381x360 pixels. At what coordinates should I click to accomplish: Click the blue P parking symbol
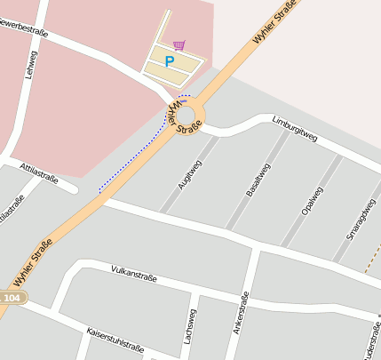(170, 62)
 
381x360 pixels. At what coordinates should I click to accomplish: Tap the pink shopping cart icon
(179, 44)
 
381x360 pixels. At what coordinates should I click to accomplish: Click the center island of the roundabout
(187, 115)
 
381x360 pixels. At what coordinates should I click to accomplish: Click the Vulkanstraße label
(134, 272)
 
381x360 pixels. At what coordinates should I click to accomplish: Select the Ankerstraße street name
(240, 315)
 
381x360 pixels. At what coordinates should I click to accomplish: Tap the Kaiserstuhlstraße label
(115, 340)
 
